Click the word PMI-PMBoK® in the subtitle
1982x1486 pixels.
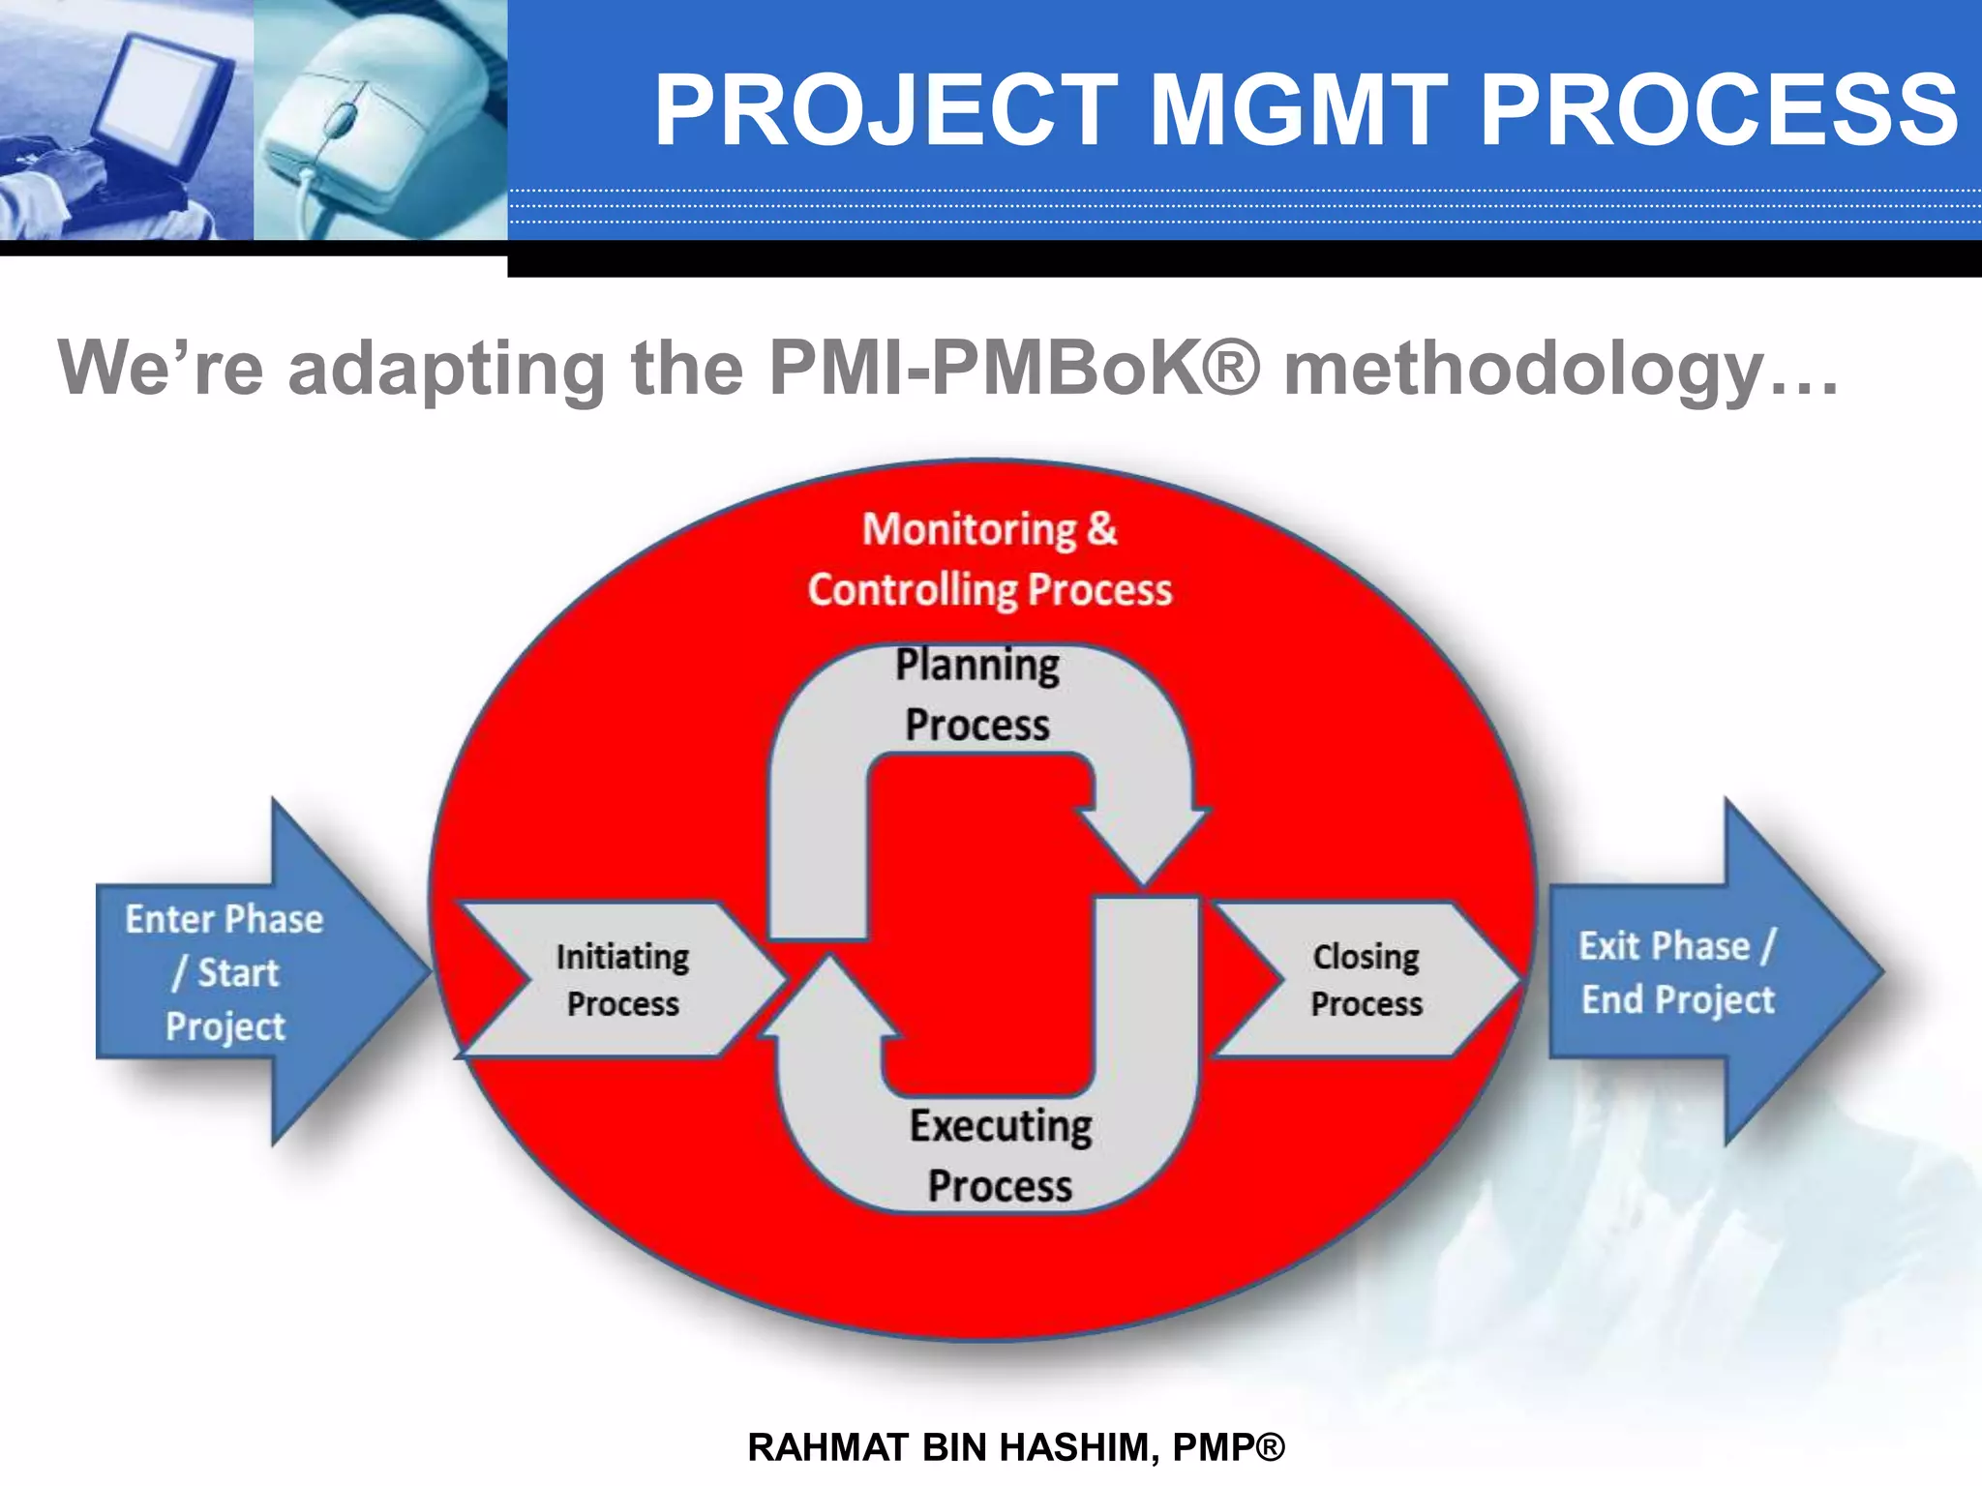tap(1014, 369)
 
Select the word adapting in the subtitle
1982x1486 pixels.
tap(447, 369)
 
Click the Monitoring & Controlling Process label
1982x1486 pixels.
tap(989, 559)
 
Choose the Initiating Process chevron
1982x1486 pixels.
tap(622, 979)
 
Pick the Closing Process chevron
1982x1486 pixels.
tap(1366, 979)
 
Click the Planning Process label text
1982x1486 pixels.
tap(977, 695)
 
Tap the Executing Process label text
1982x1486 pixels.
tap(1000, 1155)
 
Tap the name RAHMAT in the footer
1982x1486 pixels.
tap(828, 1447)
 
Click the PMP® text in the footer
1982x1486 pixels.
tap(1228, 1447)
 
